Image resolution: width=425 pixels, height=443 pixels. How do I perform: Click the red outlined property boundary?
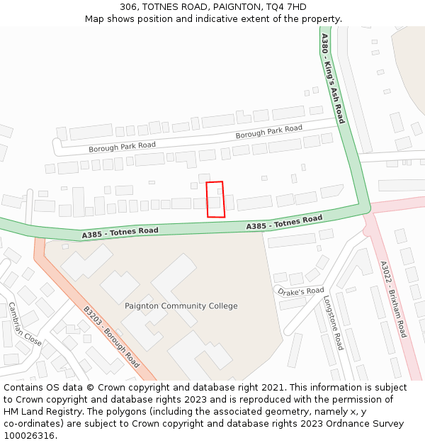(x=215, y=199)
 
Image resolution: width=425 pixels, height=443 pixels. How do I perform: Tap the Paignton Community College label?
(x=181, y=306)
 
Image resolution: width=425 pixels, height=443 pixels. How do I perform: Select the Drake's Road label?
(x=300, y=291)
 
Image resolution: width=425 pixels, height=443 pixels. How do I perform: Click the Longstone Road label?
(x=334, y=323)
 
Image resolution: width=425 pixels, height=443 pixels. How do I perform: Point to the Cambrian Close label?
(x=24, y=324)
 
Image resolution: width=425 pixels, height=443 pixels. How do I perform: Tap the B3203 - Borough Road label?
(x=111, y=335)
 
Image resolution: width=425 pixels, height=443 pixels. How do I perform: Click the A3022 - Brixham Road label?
(x=393, y=299)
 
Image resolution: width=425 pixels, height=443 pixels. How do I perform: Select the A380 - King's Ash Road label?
(x=332, y=78)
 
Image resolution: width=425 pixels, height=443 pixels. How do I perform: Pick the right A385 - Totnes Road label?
(x=284, y=222)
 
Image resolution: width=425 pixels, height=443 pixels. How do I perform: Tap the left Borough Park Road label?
(x=122, y=147)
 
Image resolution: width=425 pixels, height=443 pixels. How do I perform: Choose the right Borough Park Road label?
(x=268, y=131)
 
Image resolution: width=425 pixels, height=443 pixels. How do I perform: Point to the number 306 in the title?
(x=128, y=6)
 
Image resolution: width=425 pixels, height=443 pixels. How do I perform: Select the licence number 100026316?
(x=30, y=436)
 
